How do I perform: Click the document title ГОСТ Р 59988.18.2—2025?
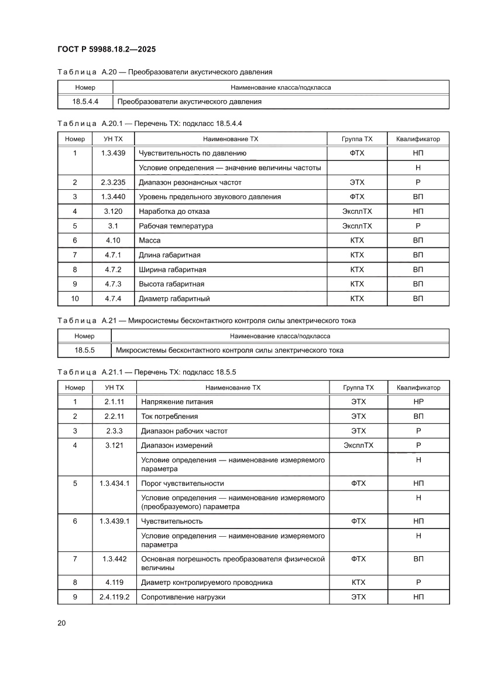[x=106, y=49]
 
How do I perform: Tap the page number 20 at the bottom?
[x=61, y=623]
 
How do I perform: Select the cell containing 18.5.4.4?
[x=85, y=101]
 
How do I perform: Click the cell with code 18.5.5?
[x=85, y=350]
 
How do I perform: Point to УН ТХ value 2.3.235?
[x=113, y=182]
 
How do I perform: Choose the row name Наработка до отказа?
[x=174, y=211]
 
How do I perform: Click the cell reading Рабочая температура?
[x=176, y=226]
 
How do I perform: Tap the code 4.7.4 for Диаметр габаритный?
[x=113, y=298]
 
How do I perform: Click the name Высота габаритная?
[x=171, y=284]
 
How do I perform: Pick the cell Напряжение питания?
[x=176, y=402]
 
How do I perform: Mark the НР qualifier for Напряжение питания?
[x=418, y=402]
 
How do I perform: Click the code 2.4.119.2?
[x=114, y=597]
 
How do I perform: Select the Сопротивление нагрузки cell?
[x=182, y=597]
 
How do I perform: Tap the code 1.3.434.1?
[x=114, y=483]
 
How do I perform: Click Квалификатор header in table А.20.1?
[x=418, y=139]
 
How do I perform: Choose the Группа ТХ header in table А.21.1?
[x=358, y=387]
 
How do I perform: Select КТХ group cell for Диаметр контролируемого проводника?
[x=358, y=582]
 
